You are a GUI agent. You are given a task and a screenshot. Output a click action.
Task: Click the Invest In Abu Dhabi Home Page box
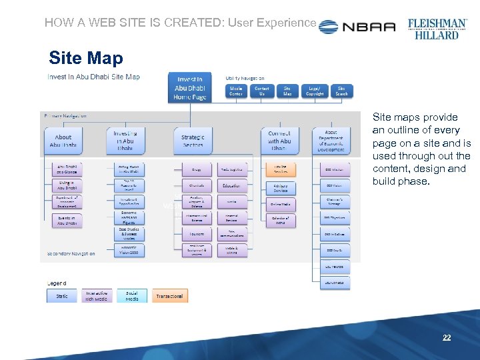click(x=190, y=88)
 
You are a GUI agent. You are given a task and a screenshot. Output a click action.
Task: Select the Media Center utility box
click(x=236, y=91)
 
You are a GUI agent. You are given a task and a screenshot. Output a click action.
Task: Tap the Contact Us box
click(x=262, y=91)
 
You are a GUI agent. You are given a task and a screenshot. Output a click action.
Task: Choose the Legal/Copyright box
click(x=315, y=91)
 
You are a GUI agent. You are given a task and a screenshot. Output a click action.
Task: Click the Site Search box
click(x=341, y=91)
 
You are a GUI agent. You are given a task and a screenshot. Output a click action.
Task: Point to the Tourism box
click(x=196, y=234)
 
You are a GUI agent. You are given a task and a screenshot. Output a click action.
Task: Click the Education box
click(x=231, y=187)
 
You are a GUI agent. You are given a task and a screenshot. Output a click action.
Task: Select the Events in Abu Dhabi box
click(x=67, y=221)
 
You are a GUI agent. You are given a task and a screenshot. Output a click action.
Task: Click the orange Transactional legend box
click(x=169, y=296)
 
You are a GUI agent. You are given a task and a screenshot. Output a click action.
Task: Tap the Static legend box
click(x=62, y=296)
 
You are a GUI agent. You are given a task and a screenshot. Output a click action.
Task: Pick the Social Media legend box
click(x=132, y=296)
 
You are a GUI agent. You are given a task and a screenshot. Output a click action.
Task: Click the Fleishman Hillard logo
click(x=437, y=27)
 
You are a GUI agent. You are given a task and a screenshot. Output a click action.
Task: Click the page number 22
click(x=447, y=338)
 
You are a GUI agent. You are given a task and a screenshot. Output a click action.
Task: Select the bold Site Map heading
click(x=86, y=58)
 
